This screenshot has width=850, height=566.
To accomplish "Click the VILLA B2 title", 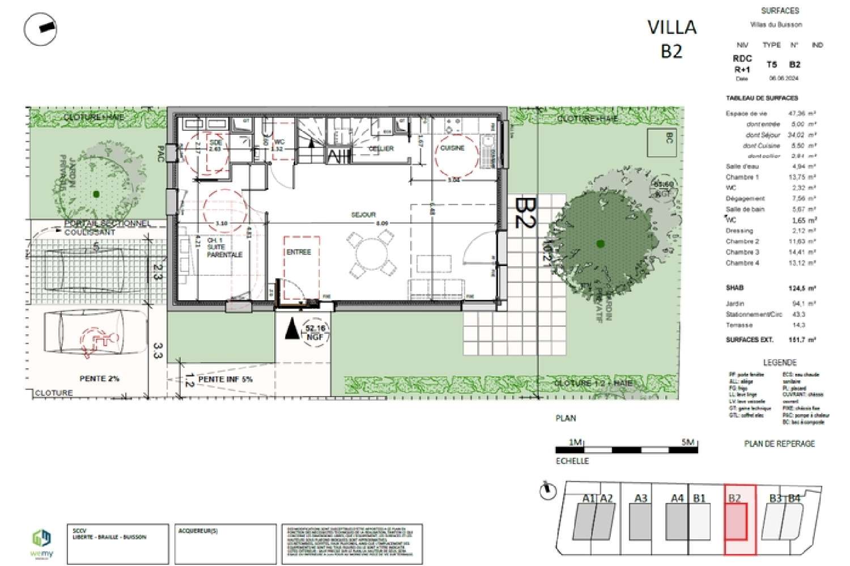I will (671, 39).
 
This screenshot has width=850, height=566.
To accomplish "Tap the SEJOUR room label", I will (363, 215).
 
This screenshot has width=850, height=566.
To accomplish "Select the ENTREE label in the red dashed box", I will (299, 252).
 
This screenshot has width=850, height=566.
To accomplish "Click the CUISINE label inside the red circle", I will (452, 148).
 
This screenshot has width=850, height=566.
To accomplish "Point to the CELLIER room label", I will (381, 148).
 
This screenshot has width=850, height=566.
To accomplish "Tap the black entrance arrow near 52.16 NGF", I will (292, 329).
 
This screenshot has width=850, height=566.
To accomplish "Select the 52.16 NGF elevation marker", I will (315, 332).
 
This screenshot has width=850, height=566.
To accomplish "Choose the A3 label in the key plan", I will (640, 499).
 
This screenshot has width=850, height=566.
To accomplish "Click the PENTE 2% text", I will (99, 378).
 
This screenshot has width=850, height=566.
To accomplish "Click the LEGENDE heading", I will (779, 363).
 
